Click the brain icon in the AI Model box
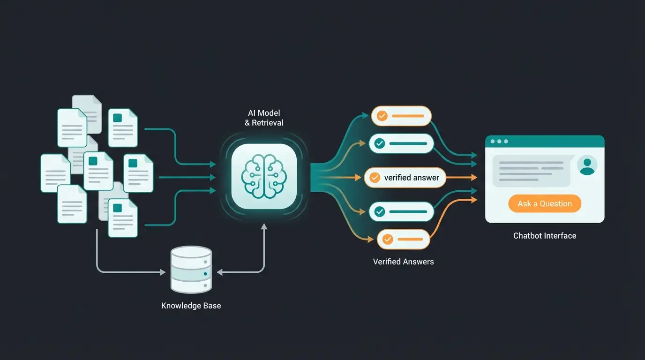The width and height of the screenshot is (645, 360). tap(264, 176)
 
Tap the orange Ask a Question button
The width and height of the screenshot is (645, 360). tap(545, 203)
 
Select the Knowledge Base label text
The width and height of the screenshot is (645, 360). tap(191, 306)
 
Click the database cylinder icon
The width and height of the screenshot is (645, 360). tap(191, 270)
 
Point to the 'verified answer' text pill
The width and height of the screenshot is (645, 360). tap(405, 178)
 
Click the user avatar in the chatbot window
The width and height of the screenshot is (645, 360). tap(587, 165)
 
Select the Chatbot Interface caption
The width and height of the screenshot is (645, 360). tap(545, 236)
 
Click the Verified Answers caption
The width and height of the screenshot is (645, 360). tap(403, 262)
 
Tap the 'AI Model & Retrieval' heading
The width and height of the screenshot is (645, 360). tap(264, 118)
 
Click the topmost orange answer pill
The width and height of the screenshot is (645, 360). tap(401, 116)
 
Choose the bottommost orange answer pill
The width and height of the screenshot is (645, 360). tap(403, 239)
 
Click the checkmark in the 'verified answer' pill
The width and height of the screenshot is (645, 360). tap(375, 178)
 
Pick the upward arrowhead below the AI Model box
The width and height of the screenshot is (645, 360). tap(264, 226)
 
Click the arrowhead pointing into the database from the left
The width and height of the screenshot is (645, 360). tap(163, 272)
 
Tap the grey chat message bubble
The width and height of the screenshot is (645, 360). tap(532, 171)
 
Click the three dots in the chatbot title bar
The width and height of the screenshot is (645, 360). tap(499, 141)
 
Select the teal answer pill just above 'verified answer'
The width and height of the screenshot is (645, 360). tap(401, 143)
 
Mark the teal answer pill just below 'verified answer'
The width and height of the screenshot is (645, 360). tap(401, 212)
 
